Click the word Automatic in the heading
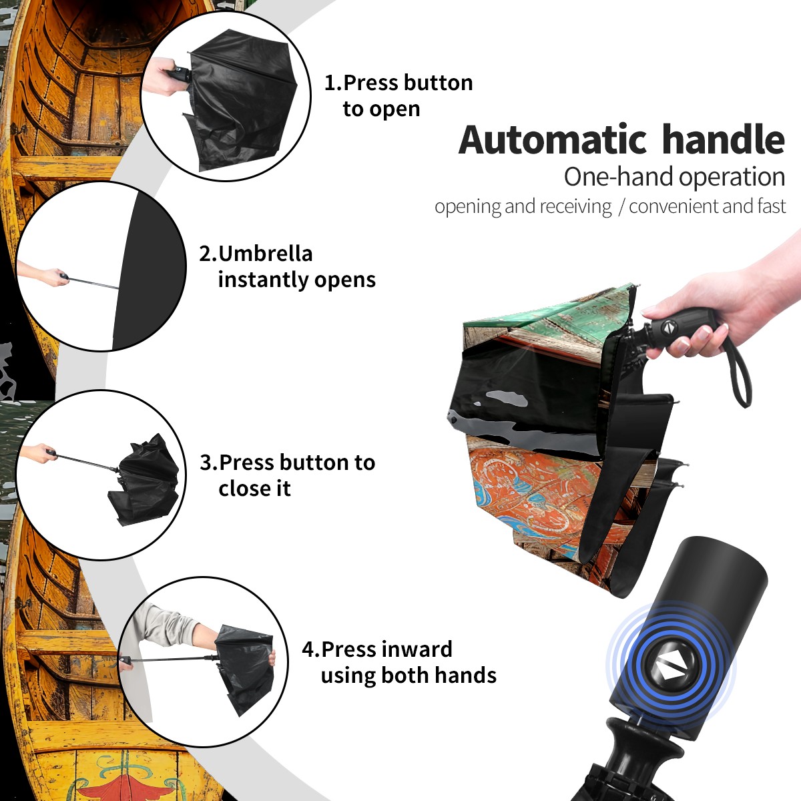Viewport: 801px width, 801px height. tap(553, 140)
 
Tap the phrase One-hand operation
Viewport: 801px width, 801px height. tap(674, 177)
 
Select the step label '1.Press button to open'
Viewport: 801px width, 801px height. tap(398, 95)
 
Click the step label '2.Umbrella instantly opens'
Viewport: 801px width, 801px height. tap(287, 266)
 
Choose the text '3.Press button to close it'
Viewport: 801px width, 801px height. tap(287, 475)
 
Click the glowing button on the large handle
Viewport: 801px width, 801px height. tap(670, 669)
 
